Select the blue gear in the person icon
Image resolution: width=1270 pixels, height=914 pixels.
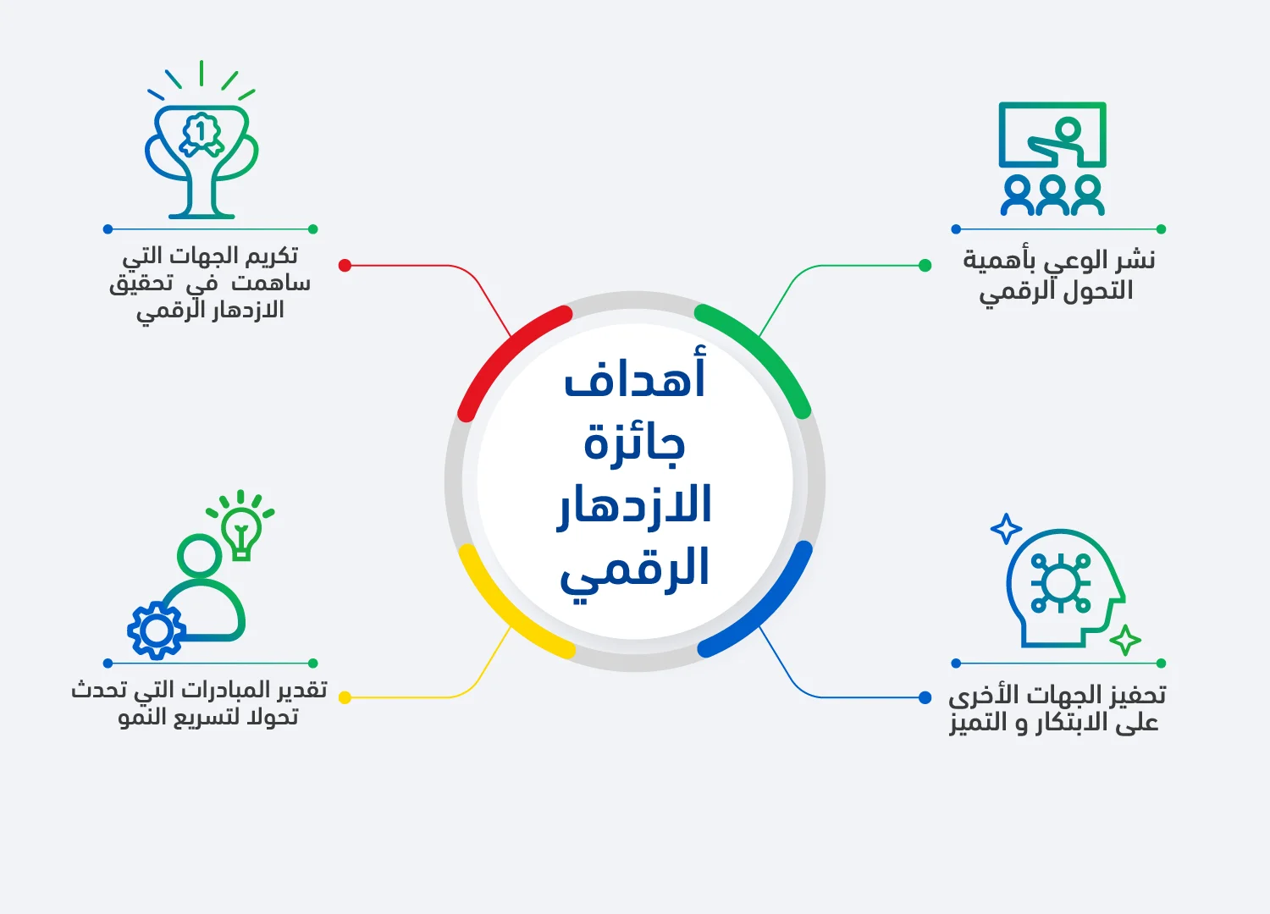pos(156,630)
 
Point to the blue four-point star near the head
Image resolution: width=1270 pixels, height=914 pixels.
pos(1006,530)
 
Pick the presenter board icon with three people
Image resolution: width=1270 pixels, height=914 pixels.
pos(1052,159)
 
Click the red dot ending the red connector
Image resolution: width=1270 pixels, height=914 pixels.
pos(345,266)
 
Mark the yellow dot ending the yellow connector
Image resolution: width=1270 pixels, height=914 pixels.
pos(345,697)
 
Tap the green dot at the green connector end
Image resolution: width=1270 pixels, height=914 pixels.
pos(925,266)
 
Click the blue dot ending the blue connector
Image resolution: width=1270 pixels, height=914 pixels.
pos(925,697)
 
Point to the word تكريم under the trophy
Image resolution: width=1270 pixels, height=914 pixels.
pos(271,255)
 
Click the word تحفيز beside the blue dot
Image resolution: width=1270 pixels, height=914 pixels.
pos(1135,695)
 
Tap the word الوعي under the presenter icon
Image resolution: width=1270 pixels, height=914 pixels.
pos(1072,260)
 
